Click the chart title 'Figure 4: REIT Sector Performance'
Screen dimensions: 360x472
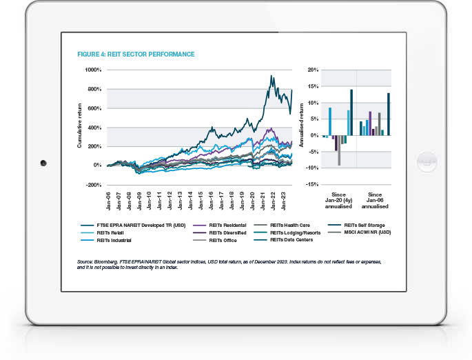point(136,54)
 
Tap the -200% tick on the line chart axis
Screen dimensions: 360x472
point(93,186)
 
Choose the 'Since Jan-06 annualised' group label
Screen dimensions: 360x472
point(375,201)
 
